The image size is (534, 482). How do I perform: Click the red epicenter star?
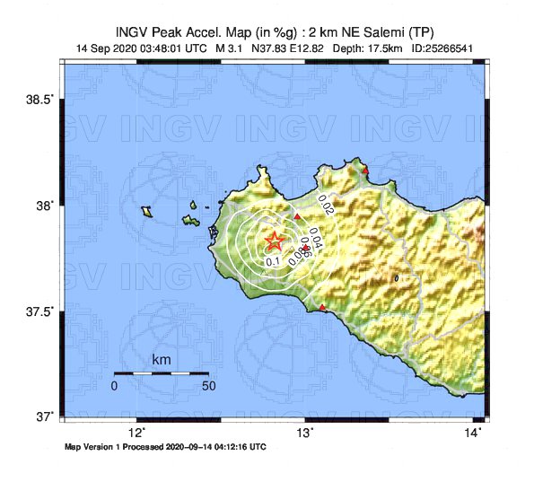pyautogui.click(x=275, y=241)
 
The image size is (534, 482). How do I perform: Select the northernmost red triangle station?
pyautogui.click(x=365, y=170)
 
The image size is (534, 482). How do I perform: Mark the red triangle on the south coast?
pyautogui.click(x=323, y=309)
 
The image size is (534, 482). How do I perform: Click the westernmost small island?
pyautogui.click(x=146, y=212)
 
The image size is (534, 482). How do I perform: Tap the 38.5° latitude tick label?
pyautogui.click(x=42, y=99)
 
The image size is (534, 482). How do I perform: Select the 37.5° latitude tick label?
pyautogui.click(x=42, y=311)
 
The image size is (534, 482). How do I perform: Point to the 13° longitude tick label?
pyautogui.click(x=305, y=432)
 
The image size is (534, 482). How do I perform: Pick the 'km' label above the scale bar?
pyautogui.click(x=162, y=360)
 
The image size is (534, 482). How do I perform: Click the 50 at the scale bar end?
pyautogui.click(x=208, y=385)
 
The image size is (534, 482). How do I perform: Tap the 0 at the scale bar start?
pyautogui.click(x=114, y=385)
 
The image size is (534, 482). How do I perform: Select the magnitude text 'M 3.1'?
pyautogui.click(x=231, y=48)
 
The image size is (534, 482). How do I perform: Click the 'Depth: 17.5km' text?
pyautogui.click(x=366, y=48)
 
